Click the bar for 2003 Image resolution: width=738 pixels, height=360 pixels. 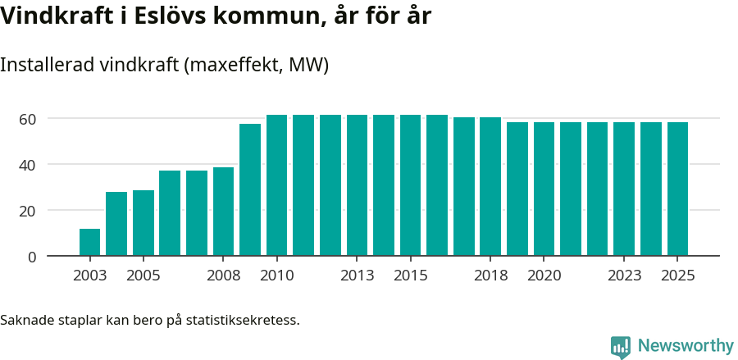[x=89, y=242]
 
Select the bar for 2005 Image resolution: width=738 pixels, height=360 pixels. [x=143, y=223]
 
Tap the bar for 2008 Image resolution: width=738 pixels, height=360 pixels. [x=223, y=212]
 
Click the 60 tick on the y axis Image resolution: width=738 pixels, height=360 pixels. [x=28, y=119]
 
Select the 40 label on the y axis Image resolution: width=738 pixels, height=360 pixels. [x=28, y=165]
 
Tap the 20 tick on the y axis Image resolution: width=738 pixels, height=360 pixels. [x=28, y=211]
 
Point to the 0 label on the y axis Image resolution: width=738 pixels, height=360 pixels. [x=32, y=257]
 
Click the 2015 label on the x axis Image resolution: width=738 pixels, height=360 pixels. [x=410, y=276]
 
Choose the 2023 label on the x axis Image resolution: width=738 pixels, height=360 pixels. [x=624, y=276]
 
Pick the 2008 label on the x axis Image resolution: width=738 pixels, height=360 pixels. [x=223, y=276]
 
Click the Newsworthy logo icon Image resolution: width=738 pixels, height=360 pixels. [x=621, y=347]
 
